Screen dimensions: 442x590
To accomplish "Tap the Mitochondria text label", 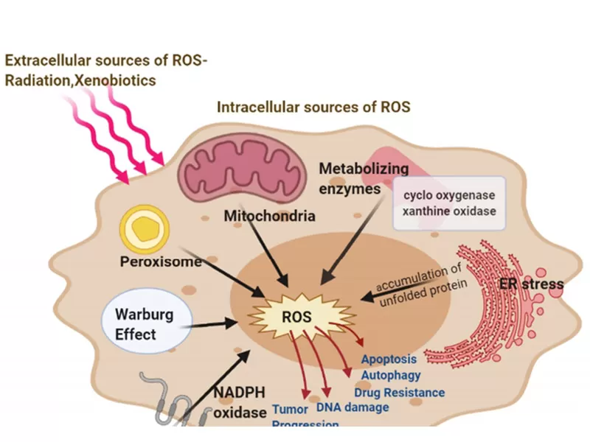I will (x=270, y=217).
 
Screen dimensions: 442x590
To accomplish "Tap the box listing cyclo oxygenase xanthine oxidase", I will (x=448, y=203).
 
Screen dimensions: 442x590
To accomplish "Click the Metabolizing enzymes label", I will (x=353, y=179).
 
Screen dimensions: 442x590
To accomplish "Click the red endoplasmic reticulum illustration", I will (x=487, y=309).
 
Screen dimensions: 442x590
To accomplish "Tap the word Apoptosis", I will (x=389, y=359).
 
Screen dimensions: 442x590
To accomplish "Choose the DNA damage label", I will (x=351, y=407).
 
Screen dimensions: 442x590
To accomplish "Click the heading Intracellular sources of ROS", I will (x=313, y=108).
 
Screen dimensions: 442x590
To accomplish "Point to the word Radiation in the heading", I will (x=34, y=81).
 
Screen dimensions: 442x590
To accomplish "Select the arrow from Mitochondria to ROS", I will (x=265, y=254).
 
